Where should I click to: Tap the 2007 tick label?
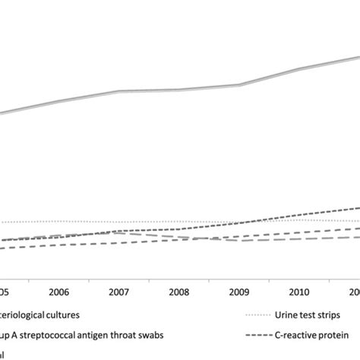pos(119,292)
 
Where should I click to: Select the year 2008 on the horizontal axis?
pos(179,292)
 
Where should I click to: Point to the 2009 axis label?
pos(239,292)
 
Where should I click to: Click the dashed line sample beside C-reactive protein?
pos(259,334)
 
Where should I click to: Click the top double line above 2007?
pos(119,91)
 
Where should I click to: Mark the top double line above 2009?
pos(239,85)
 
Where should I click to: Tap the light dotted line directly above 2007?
pos(119,223)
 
